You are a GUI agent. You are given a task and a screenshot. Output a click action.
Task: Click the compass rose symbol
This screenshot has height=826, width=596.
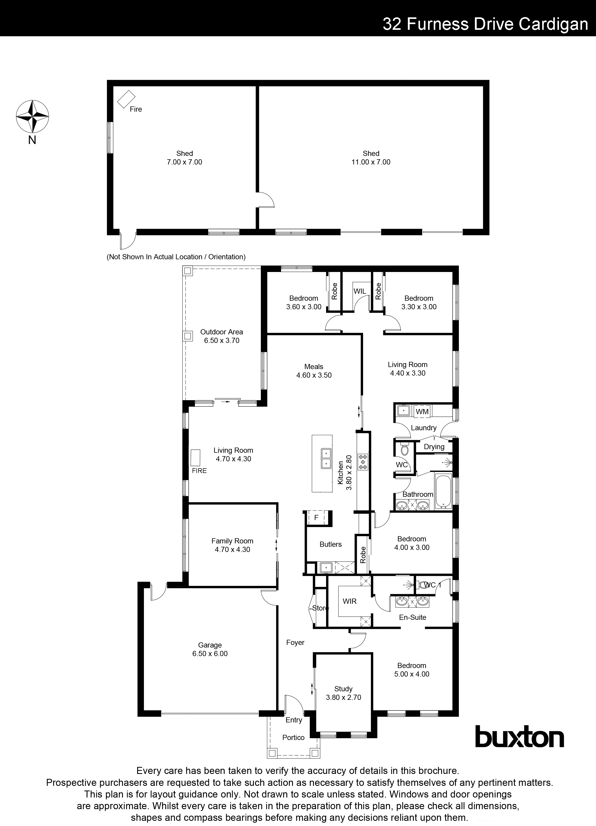tap(32, 117)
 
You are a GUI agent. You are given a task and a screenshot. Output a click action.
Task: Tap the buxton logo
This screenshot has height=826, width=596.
tap(520, 736)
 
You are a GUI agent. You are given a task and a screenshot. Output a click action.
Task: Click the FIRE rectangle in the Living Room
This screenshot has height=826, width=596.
tap(196, 458)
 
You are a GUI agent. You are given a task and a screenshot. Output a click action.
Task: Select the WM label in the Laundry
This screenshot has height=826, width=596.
tap(422, 412)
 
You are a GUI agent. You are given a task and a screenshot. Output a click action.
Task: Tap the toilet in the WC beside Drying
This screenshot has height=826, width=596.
tap(404, 450)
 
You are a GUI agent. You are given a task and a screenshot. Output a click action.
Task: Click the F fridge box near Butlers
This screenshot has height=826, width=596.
tap(316, 518)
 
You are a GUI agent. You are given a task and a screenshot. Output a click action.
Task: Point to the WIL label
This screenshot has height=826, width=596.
tap(359, 291)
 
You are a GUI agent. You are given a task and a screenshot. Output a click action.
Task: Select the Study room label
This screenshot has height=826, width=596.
tap(343, 689)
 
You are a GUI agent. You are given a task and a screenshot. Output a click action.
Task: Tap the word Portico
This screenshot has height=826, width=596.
tap(293, 737)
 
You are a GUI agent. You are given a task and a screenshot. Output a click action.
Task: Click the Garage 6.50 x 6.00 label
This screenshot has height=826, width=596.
tap(210, 649)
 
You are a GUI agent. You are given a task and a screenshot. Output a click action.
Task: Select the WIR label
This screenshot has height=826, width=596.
tap(349, 601)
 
